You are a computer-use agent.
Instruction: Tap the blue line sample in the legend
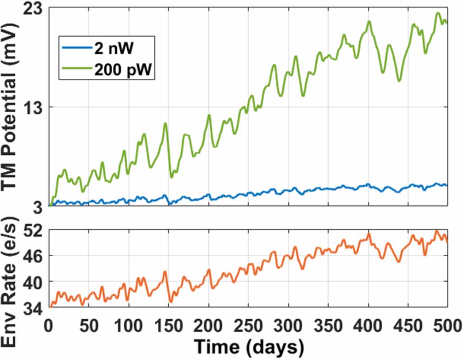(x=76, y=50)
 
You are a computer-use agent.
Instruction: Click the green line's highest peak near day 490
(x=437, y=13)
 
